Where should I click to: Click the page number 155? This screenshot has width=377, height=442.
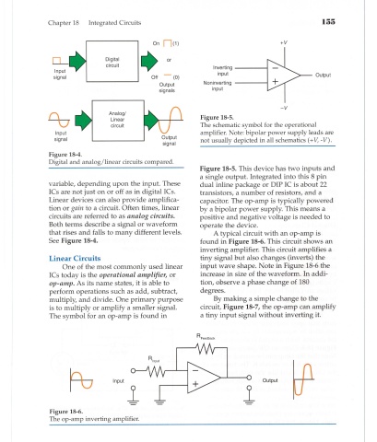coord(328,22)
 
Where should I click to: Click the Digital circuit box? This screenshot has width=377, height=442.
coord(112,61)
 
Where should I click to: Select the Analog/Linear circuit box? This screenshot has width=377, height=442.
coord(118,121)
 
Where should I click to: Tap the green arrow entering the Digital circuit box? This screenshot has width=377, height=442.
coord(77,60)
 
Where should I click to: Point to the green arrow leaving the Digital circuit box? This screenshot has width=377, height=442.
coord(149,60)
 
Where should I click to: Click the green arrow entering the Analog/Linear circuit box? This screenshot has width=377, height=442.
coord(83,120)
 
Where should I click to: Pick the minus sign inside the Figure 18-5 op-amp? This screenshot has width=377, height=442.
coord(276,68)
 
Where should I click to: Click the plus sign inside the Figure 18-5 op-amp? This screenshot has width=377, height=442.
coord(276,81)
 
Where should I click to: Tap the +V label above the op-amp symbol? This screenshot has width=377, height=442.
coord(284,42)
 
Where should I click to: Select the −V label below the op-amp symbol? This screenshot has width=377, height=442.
coord(284,108)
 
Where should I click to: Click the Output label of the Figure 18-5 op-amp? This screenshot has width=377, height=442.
coord(323,75)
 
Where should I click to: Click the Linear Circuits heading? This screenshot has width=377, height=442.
coord(75,258)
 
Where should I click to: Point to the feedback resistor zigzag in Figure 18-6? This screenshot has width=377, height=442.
coord(205,348)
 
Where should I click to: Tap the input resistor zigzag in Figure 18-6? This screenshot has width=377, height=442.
coord(157,372)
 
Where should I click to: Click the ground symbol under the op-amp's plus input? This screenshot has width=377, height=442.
coord(159,401)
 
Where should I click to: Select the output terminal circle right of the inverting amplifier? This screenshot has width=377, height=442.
coord(249,378)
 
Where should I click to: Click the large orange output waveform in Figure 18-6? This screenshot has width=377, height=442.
coord(303,379)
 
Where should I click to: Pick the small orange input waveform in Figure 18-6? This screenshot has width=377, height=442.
coord(82,380)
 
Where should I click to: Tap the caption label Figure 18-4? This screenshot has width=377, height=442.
coord(65,155)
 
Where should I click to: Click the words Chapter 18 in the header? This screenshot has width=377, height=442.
coord(64,23)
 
